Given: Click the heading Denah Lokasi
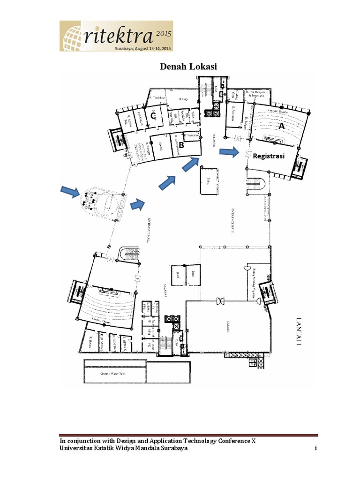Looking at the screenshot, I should [x=188, y=67].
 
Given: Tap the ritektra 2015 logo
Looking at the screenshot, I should [x=116, y=36].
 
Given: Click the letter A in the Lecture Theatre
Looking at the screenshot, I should [x=281, y=126].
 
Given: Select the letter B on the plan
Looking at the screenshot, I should [x=180, y=145].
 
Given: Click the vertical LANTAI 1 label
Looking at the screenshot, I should [x=298, y=330].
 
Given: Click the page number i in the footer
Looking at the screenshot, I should [x=316, y=449].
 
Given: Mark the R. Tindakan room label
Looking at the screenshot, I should [x=155, y=97].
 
